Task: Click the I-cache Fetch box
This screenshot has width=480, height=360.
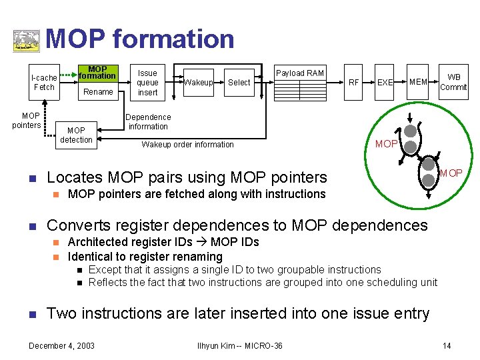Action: [x=44, y=82]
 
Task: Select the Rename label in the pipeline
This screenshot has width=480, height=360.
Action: [x=98, y=92]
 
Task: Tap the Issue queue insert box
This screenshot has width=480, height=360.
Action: [x=147, y=83]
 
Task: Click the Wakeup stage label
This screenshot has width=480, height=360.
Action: [x=198, y=83]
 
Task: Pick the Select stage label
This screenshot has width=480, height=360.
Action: [x=239, y=83]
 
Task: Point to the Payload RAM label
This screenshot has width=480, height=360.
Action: [x=300, y=73]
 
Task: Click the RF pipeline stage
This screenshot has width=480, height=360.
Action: [x=354, y=83]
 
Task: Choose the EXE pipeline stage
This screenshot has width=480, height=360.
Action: [x=385, y=83]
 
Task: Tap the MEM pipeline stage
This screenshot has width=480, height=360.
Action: [x=418, y=82]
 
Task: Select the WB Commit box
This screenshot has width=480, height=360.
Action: [x=453, y=82]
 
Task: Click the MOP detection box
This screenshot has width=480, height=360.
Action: [x=76, y=135]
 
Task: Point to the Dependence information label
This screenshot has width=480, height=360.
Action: [x=149, y=121]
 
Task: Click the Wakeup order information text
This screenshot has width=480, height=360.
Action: [x=187, y=145]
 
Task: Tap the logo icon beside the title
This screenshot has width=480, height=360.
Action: [x=27, y=40]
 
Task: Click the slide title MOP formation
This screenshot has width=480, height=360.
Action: [x=140, y=39]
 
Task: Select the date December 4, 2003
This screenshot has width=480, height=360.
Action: [x=61, y=345]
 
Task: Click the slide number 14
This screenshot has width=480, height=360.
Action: [x=446, y=345]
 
